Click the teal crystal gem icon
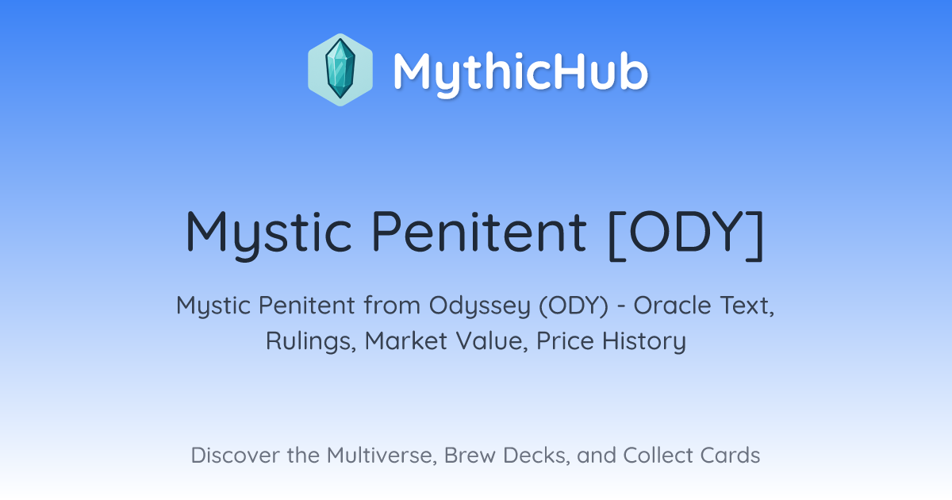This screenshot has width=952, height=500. pyautogui.click(x=340, y=69)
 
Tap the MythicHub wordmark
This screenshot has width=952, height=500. pyautogui.click(x=520, y=73)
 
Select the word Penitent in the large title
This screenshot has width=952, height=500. pyautogui.click(x=479, y=232)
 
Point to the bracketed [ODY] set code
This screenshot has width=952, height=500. pyautogui.click(x=686, y=235)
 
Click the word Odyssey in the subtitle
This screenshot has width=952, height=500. pyautogui.click(x=480, y=307)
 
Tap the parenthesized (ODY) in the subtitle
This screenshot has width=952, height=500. pyautogui.click(x=574, y=306)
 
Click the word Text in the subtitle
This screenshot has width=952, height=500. pyautogui.click(x=747, y=306)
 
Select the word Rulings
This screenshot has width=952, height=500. pyautogui.click(x=311, y=341)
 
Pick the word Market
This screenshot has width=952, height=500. pyautogui.click(x=406, y=340)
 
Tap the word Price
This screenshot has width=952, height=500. pyautogui.click(x=565, y=340)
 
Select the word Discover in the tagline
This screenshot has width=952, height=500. pyautogui.click(x=235, y=456)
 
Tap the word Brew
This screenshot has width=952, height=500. pyautogui.click(x=470, y=456)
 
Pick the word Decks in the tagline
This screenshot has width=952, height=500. pyautogui.click(x=536, y=456)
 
